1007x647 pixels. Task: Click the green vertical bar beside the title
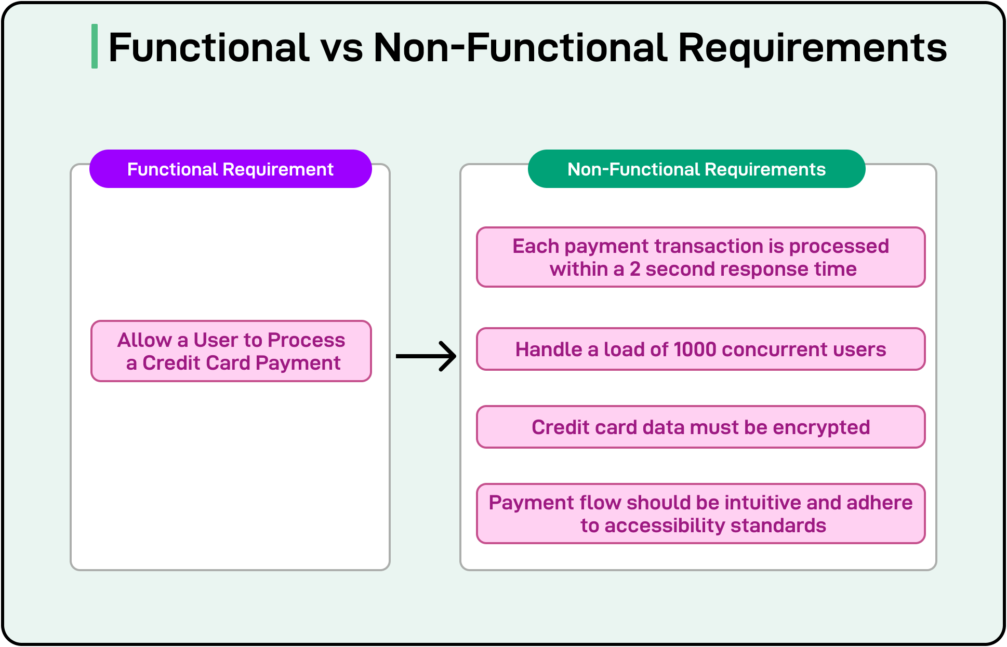click(x=95, y=46)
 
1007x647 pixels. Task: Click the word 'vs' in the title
click(x=341, y=48)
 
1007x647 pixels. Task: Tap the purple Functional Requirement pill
click(x=230, y=169)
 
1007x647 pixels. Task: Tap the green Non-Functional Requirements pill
click(x=696, y=169)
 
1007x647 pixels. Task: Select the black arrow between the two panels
click(x=426, y=356)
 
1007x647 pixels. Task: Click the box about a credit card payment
click(x=231, y=351)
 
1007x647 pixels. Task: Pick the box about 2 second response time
click(x=700, y=257)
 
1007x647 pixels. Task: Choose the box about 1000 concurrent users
click(x=700, y=349)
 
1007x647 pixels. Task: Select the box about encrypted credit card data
click(x=700, y=427)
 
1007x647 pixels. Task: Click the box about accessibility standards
click(x=700, y=514)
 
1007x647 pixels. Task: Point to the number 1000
click(x=695, y=349)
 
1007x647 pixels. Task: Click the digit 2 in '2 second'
click(x=635, y=269)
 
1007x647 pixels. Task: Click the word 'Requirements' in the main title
click(x=812, y=48)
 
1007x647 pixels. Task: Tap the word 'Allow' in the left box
click(x=144, y=340)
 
